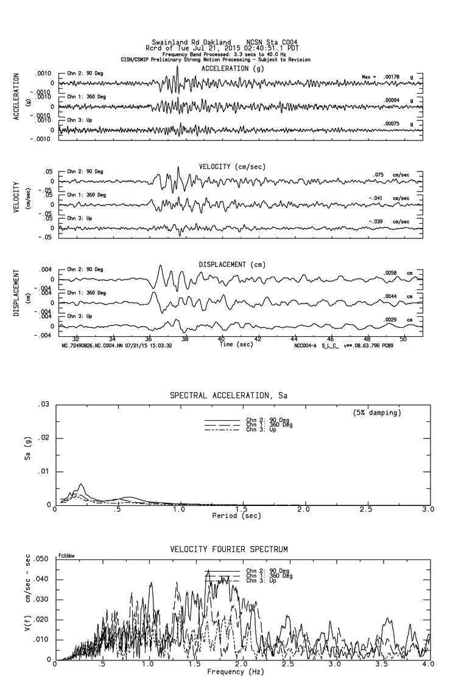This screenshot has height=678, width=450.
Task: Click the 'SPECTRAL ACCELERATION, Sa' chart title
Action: [x=228, y=396]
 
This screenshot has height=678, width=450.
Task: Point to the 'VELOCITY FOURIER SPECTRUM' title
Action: [x=228, y=550]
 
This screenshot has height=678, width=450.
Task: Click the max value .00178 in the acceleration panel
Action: [x=393, y=77]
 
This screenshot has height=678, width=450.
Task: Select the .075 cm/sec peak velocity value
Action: [x=379, y=175]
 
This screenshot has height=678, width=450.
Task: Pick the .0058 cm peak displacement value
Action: [x=390, y=273]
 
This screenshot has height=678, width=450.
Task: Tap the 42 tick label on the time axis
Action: [x=258, y=339]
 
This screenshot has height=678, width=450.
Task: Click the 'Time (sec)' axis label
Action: [x=237, y=344]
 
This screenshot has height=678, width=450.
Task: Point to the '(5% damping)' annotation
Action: [x=376, y=413]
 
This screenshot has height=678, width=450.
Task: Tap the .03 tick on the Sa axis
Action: [x=43, y=404]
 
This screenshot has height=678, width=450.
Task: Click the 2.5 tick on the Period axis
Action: [x=366, y=509]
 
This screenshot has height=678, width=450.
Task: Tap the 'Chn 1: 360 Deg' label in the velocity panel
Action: [x=86, y=195]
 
